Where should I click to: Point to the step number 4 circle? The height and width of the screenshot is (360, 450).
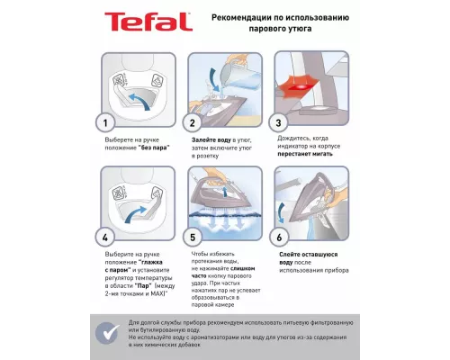click(107, 238)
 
